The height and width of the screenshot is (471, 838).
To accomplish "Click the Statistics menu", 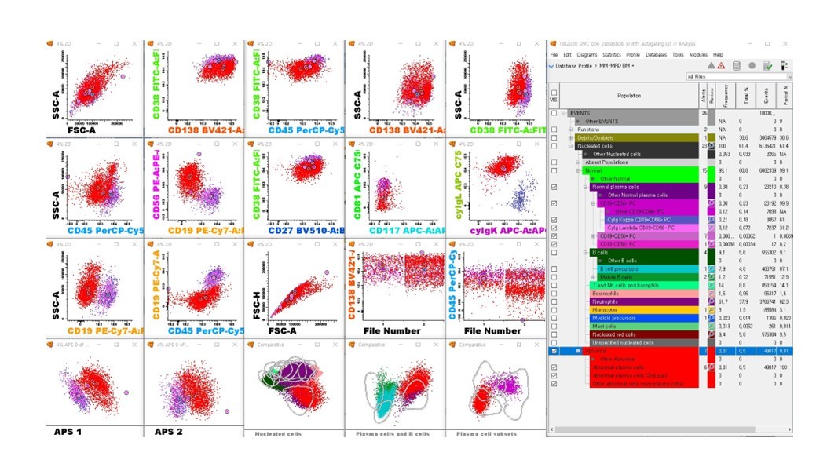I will click(612, 54).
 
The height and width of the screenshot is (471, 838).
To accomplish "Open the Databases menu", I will click(657, 54).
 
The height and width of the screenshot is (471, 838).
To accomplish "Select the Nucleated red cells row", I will click(617, 334).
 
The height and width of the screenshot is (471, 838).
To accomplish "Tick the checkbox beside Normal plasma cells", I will click(554, 187).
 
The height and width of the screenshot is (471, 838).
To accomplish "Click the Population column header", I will click(628, 95).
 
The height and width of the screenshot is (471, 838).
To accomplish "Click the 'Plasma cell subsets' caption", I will click(486, 433).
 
